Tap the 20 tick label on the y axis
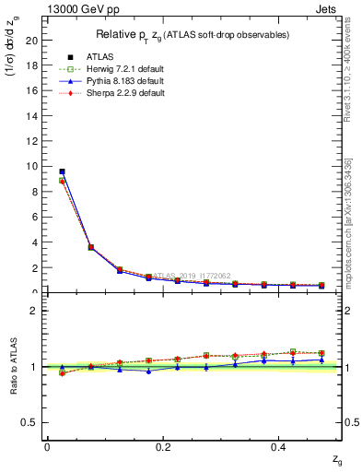pyautogui.click(x=32, y=41)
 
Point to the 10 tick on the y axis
pyautogui.click(x=32, y=167)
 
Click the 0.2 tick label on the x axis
pyautogui.click(x=163, y=447)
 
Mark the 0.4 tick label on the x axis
pyautogui.click(x=279, y=447)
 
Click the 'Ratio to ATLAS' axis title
pyautogui.click(x=14, y=366)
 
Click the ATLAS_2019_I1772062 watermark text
pyautogui.click(x=193, y=276)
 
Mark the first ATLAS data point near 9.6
pyautogui.click(x=62, y=171)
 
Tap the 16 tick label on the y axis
pyautogui.click(x=32, y=91)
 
